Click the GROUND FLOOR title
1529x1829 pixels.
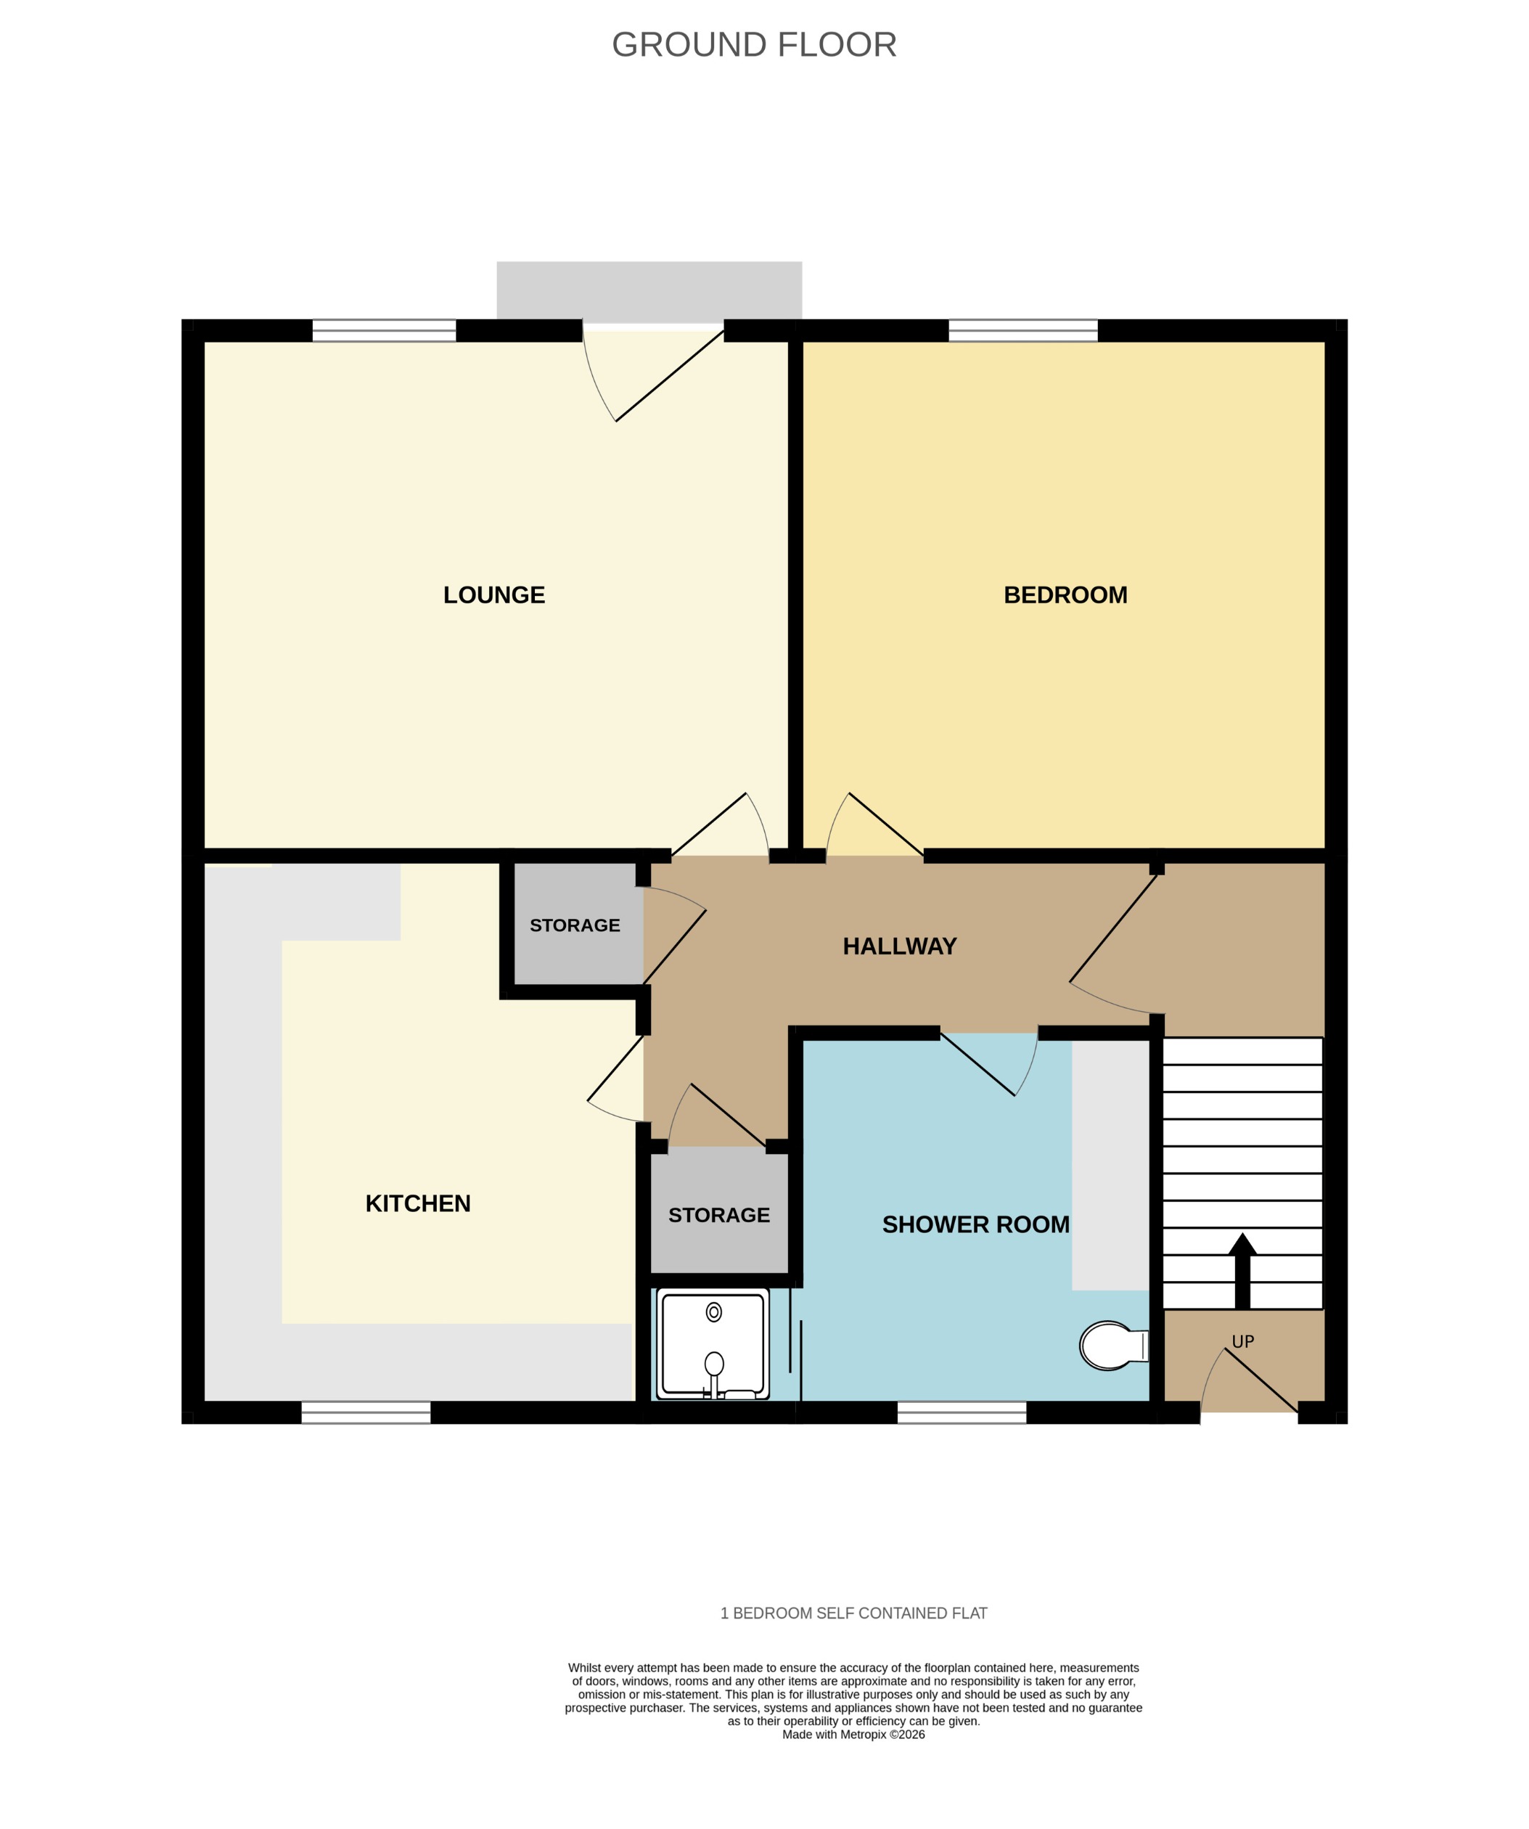754,44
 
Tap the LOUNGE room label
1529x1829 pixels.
493,595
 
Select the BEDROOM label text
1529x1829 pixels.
1065,595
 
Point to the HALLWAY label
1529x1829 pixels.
899,946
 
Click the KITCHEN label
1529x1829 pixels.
418,1203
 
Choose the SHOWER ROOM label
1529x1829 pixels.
975,1224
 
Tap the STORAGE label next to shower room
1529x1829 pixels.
718,1215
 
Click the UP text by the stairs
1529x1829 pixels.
1242,1342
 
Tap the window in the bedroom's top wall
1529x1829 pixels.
1022,331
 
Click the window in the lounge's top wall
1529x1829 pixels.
384,331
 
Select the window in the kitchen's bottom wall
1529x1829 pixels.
366,1412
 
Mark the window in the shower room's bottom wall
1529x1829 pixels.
962,1412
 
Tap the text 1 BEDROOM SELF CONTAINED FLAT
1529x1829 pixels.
853,1613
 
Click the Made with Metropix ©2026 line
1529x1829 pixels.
853,1734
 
